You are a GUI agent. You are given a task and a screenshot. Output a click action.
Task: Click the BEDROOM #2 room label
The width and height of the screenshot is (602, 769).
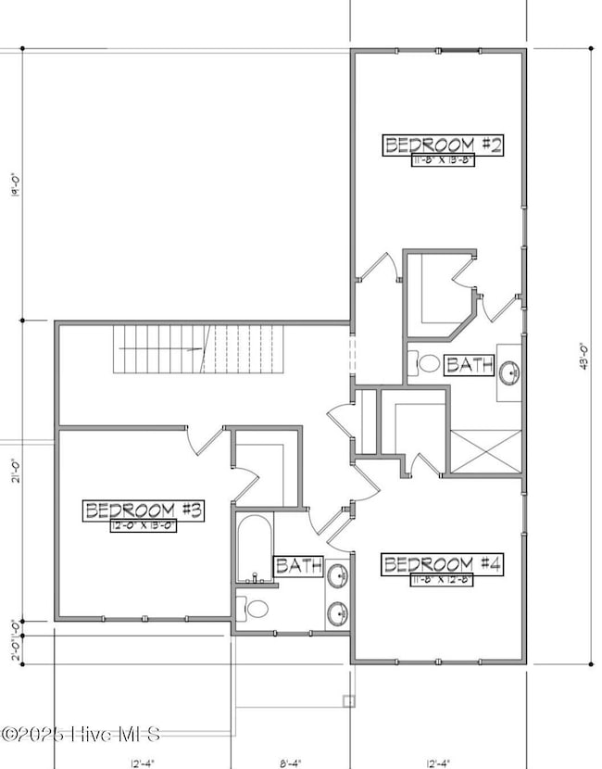443,145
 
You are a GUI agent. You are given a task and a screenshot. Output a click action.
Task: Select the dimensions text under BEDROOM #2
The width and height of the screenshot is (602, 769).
443,160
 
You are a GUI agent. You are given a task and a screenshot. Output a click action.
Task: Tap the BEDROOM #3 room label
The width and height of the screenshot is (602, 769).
144,510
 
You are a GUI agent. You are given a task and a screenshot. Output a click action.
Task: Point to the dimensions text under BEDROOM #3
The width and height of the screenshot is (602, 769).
144,525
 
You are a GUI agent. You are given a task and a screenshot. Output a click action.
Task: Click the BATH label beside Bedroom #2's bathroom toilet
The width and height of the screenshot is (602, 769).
463,365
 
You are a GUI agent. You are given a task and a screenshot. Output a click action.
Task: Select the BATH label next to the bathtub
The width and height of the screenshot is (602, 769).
297,565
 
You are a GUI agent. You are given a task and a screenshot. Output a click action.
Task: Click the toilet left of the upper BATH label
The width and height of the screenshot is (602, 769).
427,364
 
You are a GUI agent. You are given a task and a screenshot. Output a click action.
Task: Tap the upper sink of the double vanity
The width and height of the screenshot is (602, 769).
338,576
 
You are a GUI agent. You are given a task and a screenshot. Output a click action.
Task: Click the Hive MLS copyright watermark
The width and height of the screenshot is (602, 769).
82,735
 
